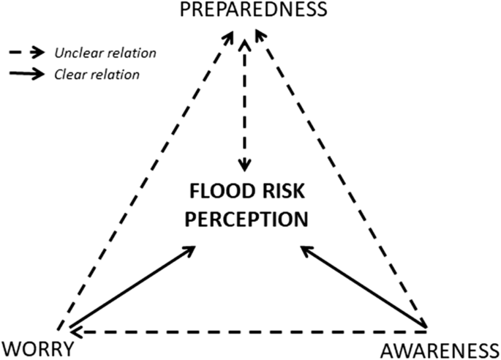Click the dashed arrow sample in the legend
click(27, 53)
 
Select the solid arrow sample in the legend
click(27, 74)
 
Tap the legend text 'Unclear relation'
click(105, 53)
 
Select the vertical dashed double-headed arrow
click(246, 102)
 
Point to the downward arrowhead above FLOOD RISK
click(246, 163)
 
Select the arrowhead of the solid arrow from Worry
click(189, 250)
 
